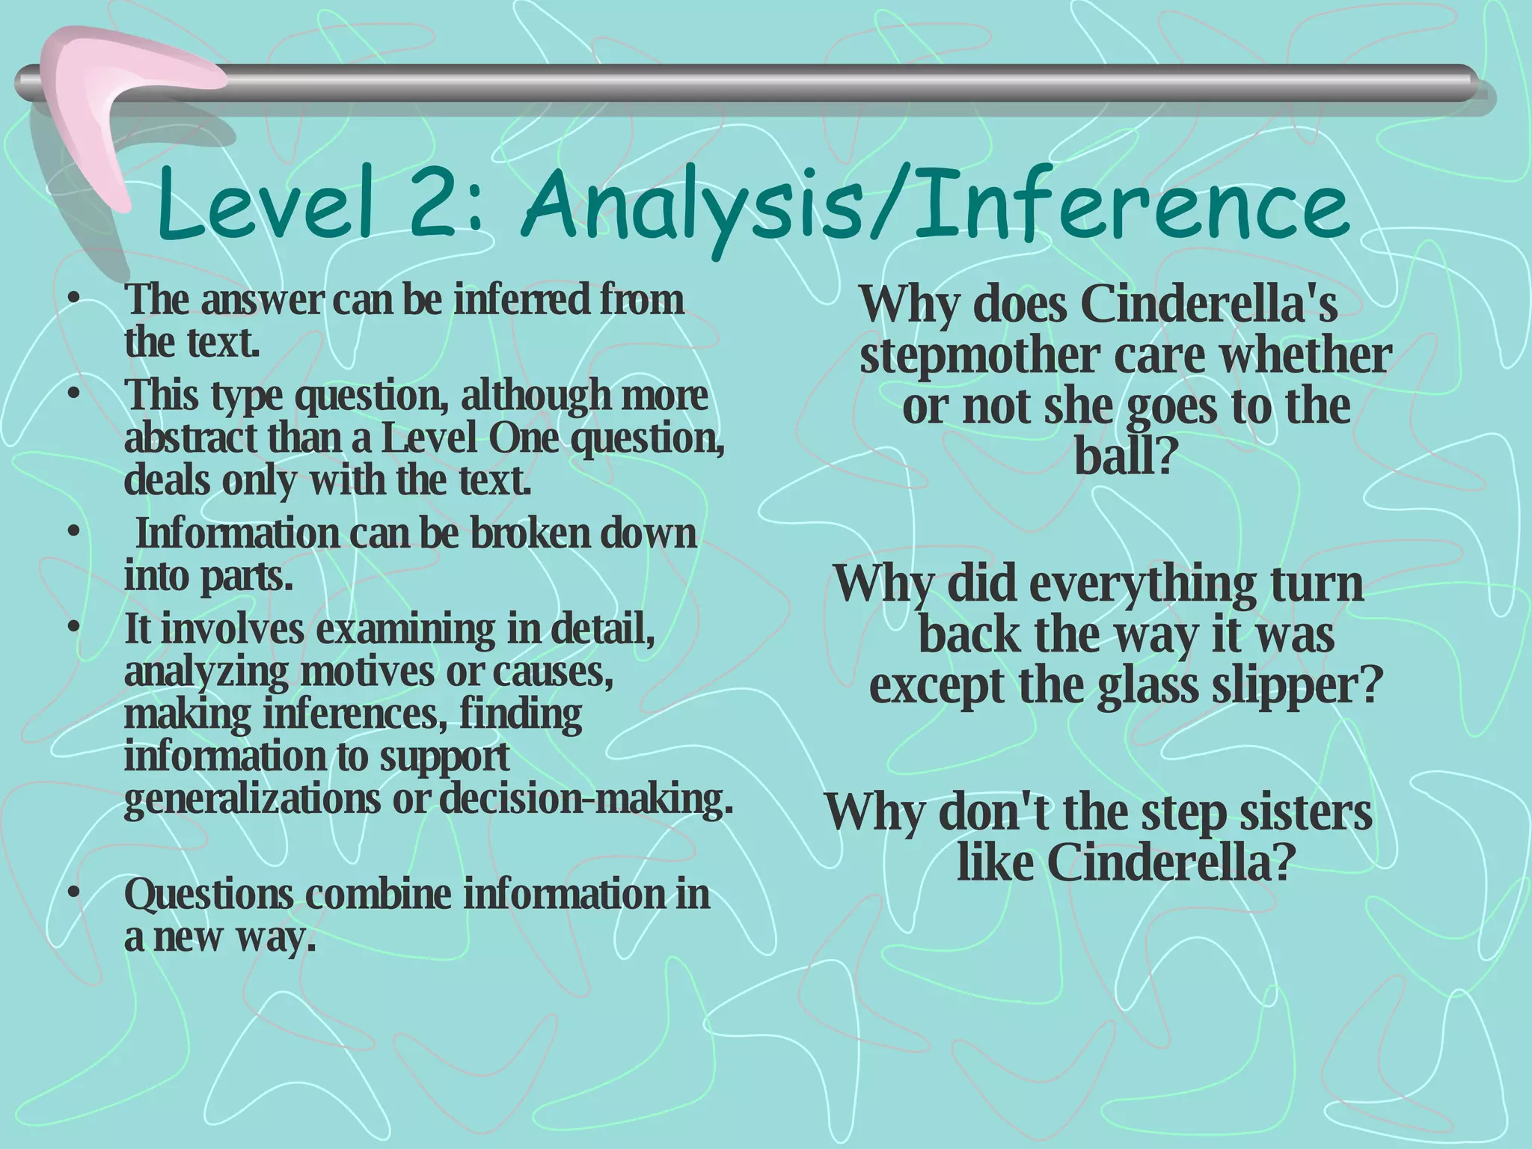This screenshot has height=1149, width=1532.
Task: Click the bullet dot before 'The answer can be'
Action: click(73, 300)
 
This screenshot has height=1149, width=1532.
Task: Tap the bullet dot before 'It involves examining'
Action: click(73, 628)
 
